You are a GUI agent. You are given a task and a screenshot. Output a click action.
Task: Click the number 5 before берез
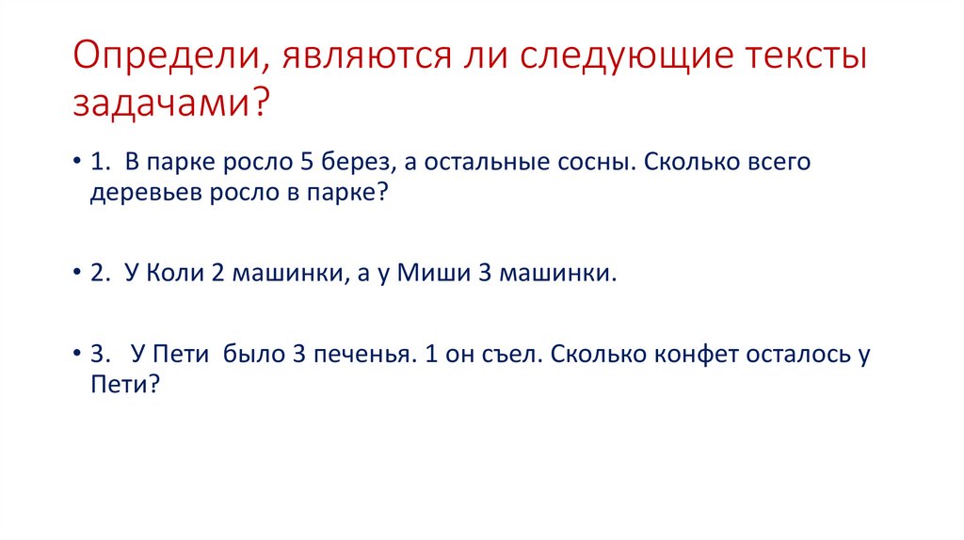(307, 162)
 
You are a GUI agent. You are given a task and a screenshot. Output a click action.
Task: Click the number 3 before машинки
(485, 272)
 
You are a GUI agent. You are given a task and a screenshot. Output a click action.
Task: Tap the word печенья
(361, 355)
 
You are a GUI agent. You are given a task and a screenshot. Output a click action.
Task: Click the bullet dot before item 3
(77, 354)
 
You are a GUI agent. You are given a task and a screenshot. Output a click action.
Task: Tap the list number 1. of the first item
(100, 162)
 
